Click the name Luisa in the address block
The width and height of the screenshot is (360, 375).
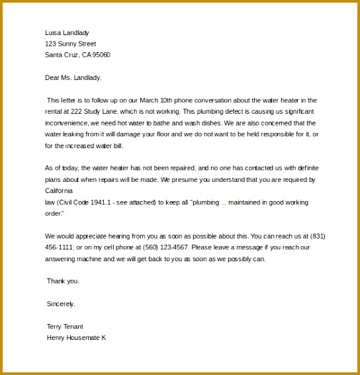click(x=53, y=32)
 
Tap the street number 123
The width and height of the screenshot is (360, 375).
click(x=50, y=44)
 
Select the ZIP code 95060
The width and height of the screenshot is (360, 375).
click(x=101, y=55)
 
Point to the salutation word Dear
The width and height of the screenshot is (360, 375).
click(x=52, y=77)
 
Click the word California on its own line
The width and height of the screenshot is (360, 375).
click(x=60, y=190)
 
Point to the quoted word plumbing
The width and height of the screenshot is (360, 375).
click(x=208, y=202)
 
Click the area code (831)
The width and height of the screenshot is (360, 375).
click(x=317, y=235)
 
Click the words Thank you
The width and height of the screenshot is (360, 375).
click(x=63, y=280)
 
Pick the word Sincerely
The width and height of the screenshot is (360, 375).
click(x=61, y=304)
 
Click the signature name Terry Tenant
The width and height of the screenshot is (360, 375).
click(x=65, y=326)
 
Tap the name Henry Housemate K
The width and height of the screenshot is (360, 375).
click(x=76, y=337)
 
